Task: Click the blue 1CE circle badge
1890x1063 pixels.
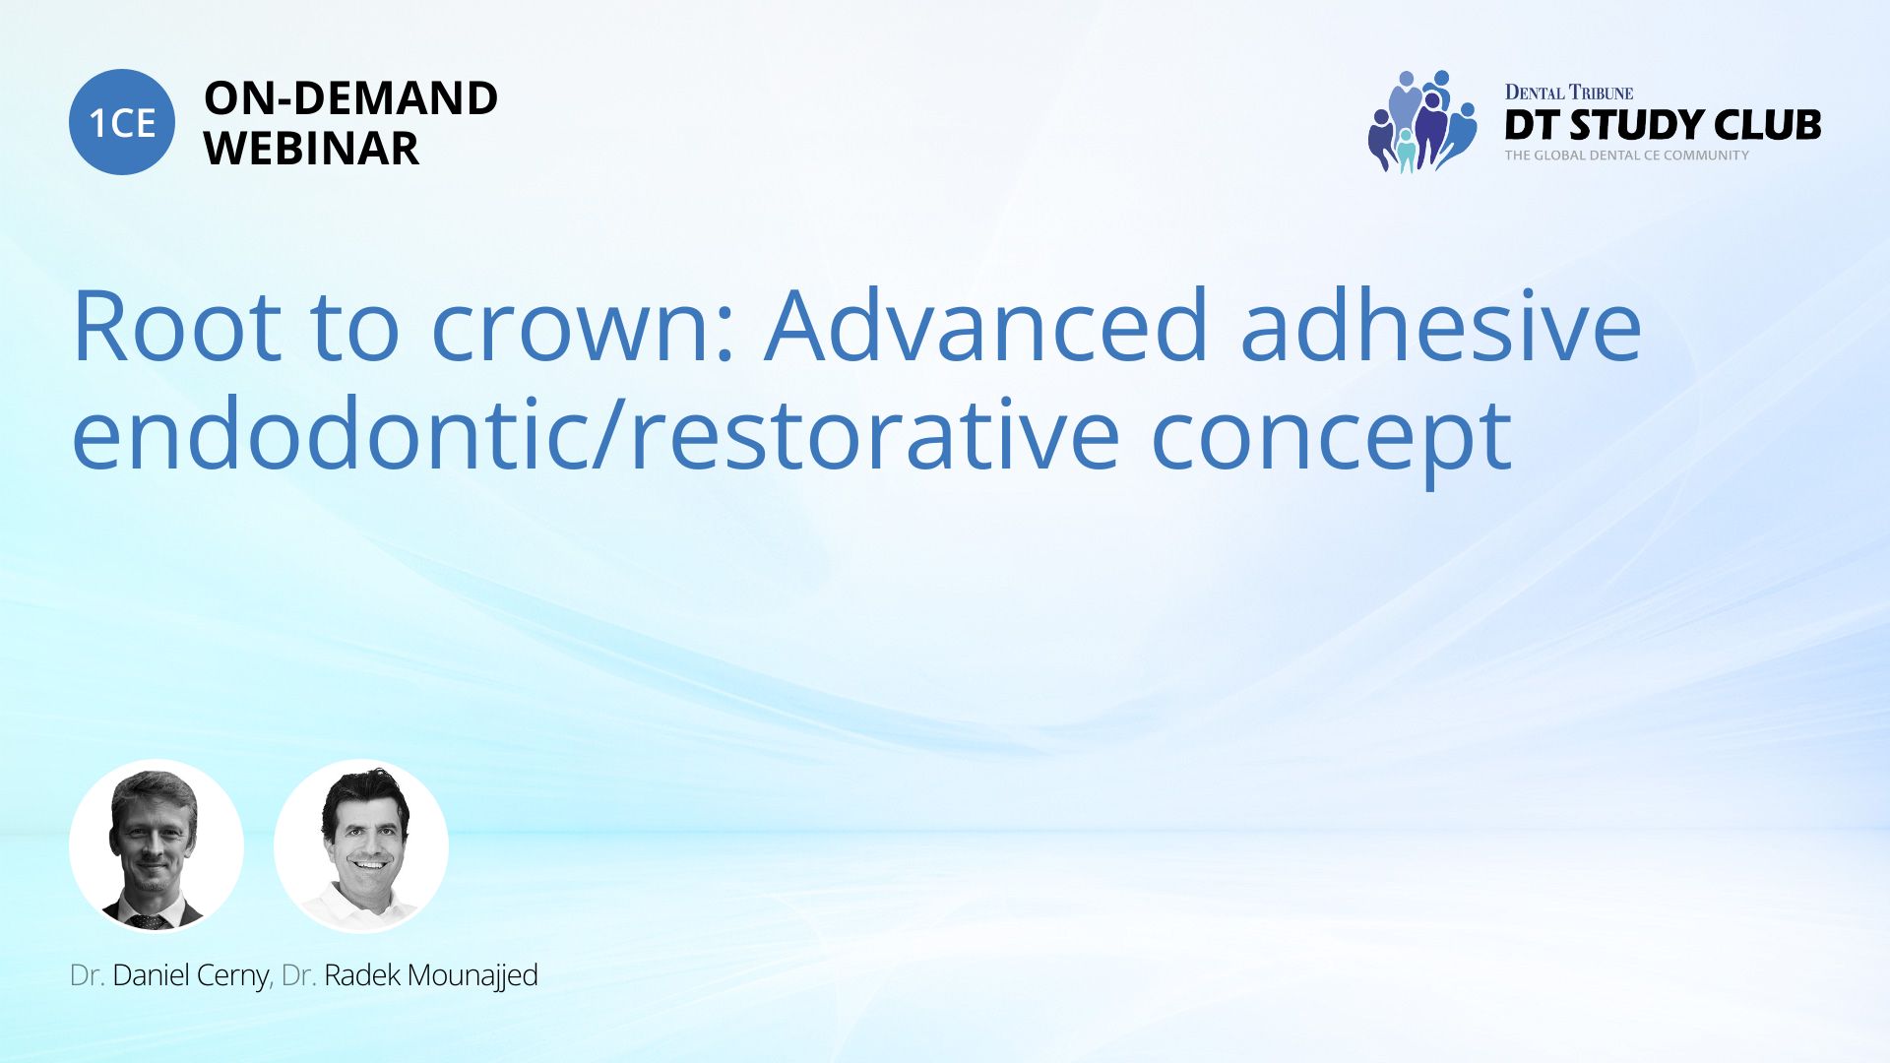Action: (122, 122)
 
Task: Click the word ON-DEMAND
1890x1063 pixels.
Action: (350, 98)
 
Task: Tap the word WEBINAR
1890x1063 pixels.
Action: (311, 149)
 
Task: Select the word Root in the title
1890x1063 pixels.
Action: (177, 326)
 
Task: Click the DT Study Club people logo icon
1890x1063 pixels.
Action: (1422, 122)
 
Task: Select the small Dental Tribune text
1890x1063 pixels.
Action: (1569, 93)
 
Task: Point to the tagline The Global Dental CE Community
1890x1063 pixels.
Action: (1627, 156)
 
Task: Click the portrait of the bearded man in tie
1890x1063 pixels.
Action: (157, 846)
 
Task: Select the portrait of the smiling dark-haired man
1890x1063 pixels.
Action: (361, 846)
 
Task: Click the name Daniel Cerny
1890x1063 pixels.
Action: (191, 975)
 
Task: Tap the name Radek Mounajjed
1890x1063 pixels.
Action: (431, 975)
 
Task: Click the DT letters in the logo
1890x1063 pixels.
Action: (1533, 125)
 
